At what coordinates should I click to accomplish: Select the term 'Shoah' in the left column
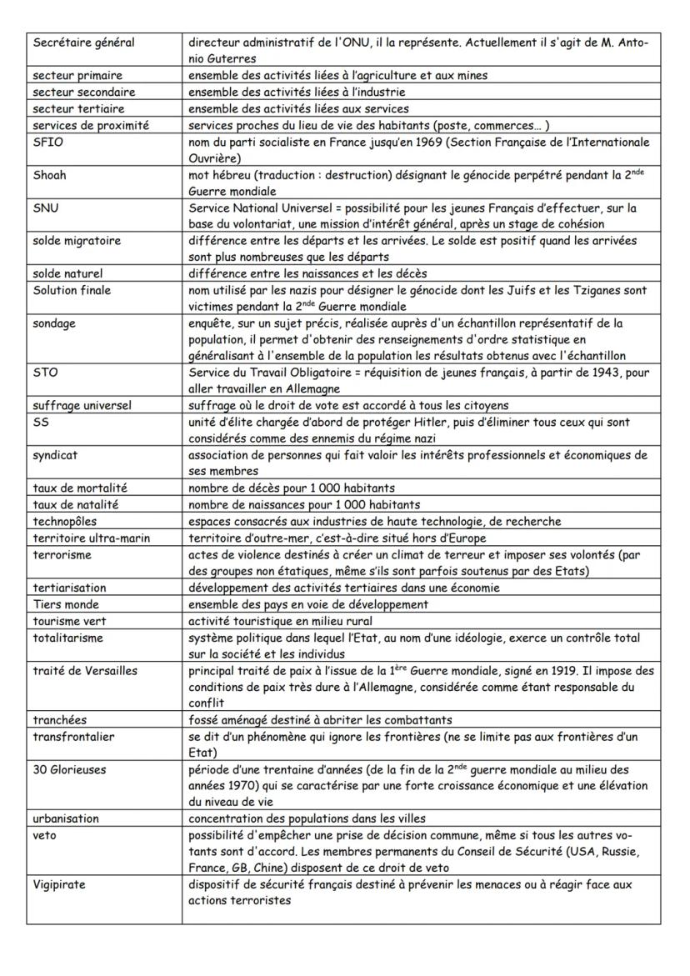point(49,175)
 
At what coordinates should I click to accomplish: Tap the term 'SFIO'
point(47,142)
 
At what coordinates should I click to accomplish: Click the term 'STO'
point(44,372)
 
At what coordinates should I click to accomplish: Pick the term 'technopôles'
point(66,521)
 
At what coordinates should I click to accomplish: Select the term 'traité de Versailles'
point(84,670)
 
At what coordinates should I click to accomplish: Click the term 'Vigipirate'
point(58,884)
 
